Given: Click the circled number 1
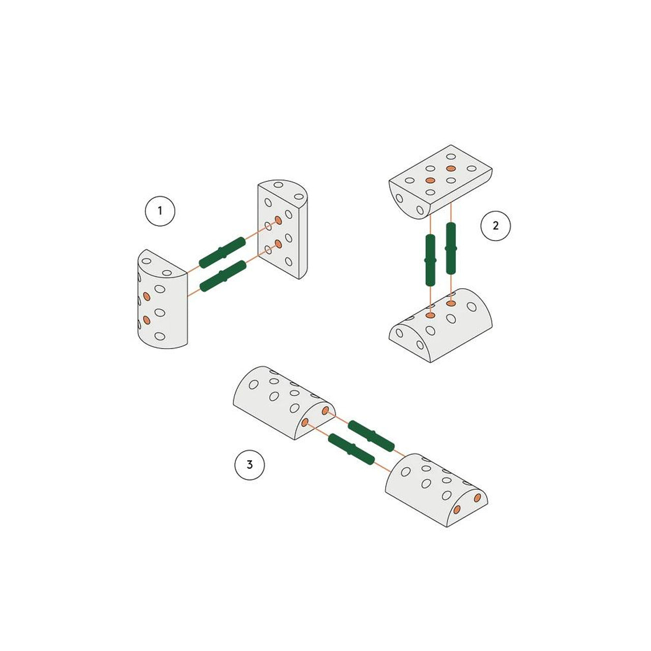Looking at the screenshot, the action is (x=160, y=211).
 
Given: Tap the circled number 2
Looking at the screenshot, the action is (x=495, y=226).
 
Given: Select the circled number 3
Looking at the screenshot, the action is (x=249, y=464).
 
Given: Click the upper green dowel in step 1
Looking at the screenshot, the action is (x=222, y=252).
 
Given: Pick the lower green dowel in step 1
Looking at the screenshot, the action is (x=223, y=276).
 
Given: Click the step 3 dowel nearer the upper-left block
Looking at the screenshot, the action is (x=371, y=436).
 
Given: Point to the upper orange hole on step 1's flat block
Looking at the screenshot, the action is (x=278, y=220).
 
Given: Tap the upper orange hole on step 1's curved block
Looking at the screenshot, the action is (x=146, y=297).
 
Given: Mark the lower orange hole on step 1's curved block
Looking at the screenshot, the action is (x=146, y=319).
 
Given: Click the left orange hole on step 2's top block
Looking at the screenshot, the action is (x=430, y=181).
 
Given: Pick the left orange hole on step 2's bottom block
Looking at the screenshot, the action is (x=430, y=315).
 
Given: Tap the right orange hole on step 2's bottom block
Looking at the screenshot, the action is (x=451, y=303).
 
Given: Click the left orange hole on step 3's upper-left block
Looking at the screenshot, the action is (x=304, y=422).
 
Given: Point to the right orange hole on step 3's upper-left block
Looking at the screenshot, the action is (x=325, y=410).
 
